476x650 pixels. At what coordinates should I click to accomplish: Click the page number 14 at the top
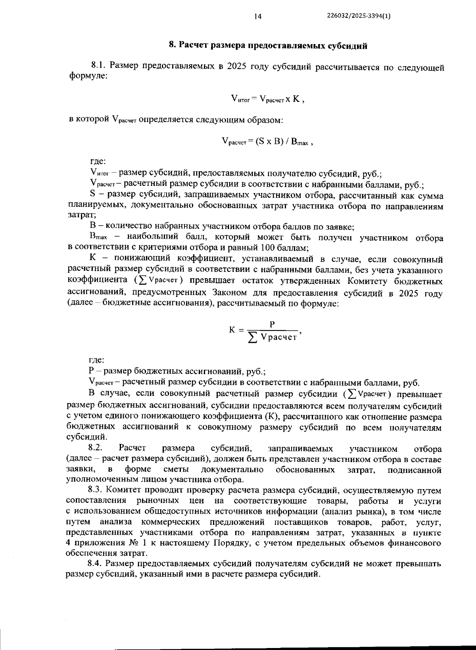click(257, 16)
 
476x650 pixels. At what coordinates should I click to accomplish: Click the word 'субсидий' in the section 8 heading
click(349, 46)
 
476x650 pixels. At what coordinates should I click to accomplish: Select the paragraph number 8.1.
click(99, 65)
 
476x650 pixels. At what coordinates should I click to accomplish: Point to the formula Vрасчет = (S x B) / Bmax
click(268, 141)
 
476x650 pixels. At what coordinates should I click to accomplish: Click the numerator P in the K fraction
click(273, 324)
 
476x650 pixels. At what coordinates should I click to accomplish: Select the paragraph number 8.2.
click(96, 448)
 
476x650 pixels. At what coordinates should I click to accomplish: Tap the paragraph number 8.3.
click(96, 491)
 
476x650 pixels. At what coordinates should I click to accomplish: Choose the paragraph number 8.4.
click(96, 564)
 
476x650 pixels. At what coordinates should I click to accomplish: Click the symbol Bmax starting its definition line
click(98, 237)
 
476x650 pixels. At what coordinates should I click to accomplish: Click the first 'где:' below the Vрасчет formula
click(98, 161)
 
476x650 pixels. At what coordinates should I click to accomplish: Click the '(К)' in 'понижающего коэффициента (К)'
click(271, 417)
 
